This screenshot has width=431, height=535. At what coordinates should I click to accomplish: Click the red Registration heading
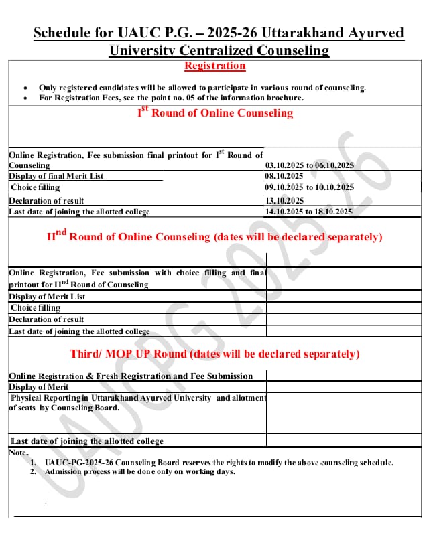[x=214, y=66]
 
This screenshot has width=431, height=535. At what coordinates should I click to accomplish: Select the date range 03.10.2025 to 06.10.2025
[x=309, y=165]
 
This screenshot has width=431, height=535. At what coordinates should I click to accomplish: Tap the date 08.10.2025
[x=285, y=176]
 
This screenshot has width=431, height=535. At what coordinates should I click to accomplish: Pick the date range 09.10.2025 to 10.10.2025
[x=309, y=187]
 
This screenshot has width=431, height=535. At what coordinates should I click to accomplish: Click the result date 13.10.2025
[x=285, y=200]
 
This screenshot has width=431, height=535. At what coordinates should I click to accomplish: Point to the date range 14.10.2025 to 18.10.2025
[x=308, y=212]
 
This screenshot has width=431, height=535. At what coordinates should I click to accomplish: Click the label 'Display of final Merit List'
[x=56, y=176]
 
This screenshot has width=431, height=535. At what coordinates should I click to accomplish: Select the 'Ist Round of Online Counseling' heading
[x=215, y=112]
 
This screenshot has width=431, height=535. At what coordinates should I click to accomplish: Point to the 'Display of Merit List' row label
[x=47, y=297]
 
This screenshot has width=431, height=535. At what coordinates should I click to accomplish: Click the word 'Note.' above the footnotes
[x=19, y=453]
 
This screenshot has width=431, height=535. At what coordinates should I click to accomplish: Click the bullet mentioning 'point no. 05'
[x=171, y=98]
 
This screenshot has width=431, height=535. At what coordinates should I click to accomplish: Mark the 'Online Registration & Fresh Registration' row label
[x=131, y=376]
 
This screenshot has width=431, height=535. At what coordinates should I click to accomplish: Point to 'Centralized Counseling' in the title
[x=261, y=50]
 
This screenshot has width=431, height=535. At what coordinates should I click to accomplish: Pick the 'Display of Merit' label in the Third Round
[x=39, y=387]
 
